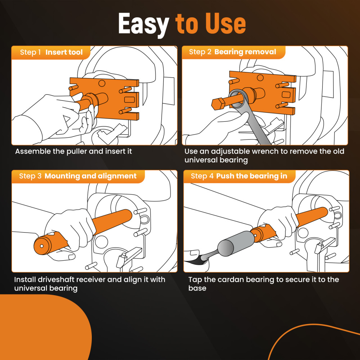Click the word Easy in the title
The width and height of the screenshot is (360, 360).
[x=143, y=24]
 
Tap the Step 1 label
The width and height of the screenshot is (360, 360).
[x=30, y=53]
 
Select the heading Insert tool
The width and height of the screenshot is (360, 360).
[x=64, y=53]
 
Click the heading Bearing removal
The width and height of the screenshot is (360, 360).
[x=245, y=52]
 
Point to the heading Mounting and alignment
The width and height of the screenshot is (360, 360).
[x=90, y=176]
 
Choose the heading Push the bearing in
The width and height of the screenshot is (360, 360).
[x=252, y=176]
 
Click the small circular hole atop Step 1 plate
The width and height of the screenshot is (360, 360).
[x=102, y=84]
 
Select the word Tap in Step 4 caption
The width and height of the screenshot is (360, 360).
[x=195, y=279]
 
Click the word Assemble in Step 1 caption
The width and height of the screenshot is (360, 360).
[x=32, y=151]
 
